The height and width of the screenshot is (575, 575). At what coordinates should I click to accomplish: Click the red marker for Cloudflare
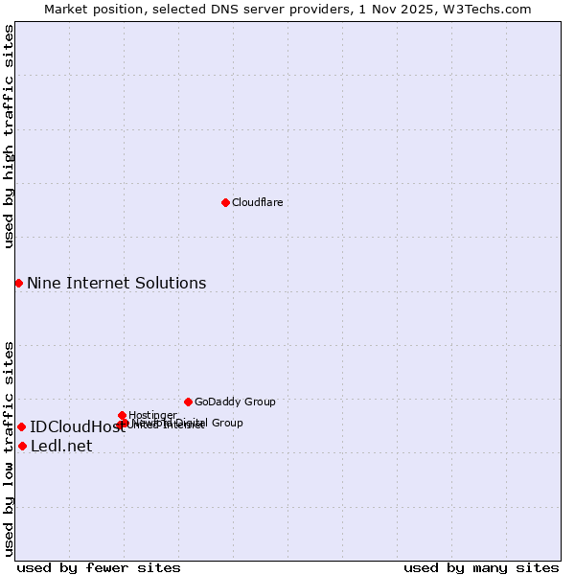[225, 202]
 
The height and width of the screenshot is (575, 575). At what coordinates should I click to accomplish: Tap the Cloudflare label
[257, 202]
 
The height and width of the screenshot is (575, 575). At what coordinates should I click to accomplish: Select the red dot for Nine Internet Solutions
[18, 283]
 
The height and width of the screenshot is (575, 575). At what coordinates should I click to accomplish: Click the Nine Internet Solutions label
[116, 283]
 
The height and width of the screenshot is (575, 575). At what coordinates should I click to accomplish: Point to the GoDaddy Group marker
[188, 402]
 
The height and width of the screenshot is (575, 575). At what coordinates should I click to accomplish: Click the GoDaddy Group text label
[235, 402]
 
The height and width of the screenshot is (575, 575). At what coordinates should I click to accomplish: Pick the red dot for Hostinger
[122, 415]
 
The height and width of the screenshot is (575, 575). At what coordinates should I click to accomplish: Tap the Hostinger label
[152, 415]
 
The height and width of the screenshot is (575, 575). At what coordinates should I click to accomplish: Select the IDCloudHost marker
[21, 426]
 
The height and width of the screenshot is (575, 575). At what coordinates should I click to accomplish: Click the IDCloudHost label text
[77, 427]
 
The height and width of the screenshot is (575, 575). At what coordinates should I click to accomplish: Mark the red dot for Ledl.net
[22, 446]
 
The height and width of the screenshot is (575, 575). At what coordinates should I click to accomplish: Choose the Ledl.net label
[61, 446]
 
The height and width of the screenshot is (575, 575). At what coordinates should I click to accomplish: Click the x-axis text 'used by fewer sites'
[99, 567]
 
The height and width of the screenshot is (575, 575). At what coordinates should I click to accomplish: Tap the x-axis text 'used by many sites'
[481, 567]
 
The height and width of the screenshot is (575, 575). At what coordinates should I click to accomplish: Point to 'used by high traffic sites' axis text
[9, 136]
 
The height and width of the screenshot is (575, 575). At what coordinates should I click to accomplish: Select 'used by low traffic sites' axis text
[9, 448]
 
